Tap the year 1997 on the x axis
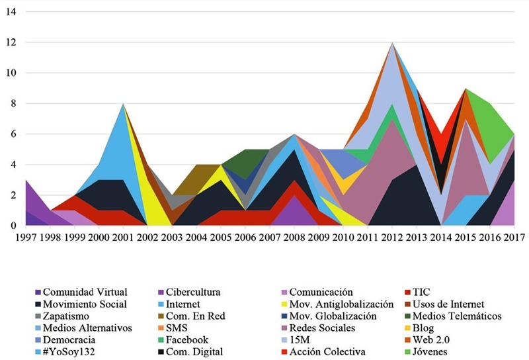tap(26, 235)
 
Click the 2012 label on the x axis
tap(392, 235)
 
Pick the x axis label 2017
tap(514, 235)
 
